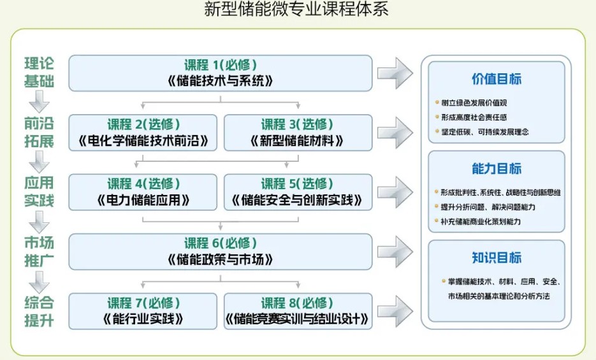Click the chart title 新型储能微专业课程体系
pyautogui.click(x=296, y=9)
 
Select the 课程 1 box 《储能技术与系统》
pyautogui.click(x=221, y=73)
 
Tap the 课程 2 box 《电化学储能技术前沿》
pyautogui.click(x=143, y=133)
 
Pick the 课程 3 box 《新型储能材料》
pyautogui.click(x=298, y=133)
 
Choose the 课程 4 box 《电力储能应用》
pyautogui.click(x=143, y=192)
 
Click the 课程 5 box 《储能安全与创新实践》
pyautogui.click(x=298, y=192)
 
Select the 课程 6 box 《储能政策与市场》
pyautogui.click(x=221, y=252)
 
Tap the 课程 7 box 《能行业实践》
pyautogui.click(x=143, y=311)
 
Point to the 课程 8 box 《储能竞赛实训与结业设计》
pyautogui.click(x=298, y=311)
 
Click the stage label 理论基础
pyautogui.click(x=39, y=72)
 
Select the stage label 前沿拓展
pyautogui.click(x=39, y=132)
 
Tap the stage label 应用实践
pyautogui.click(x=39, y=191)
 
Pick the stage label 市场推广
pyautogui.click(x=39, y=252)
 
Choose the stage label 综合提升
pyautogui.click(x=39, y=312)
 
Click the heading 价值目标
pyautogui.click(x=497, y=79)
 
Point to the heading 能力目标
pyautogui.click(x=497, y=168)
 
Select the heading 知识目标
pyautogui.click(x=497, y=257)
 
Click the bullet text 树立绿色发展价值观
pyautogui.click(x=474, y=103)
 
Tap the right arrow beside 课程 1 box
pyautogui.click(x=395, y=73)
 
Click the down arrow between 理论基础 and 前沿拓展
pyautogui.click(x=39, y=102)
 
